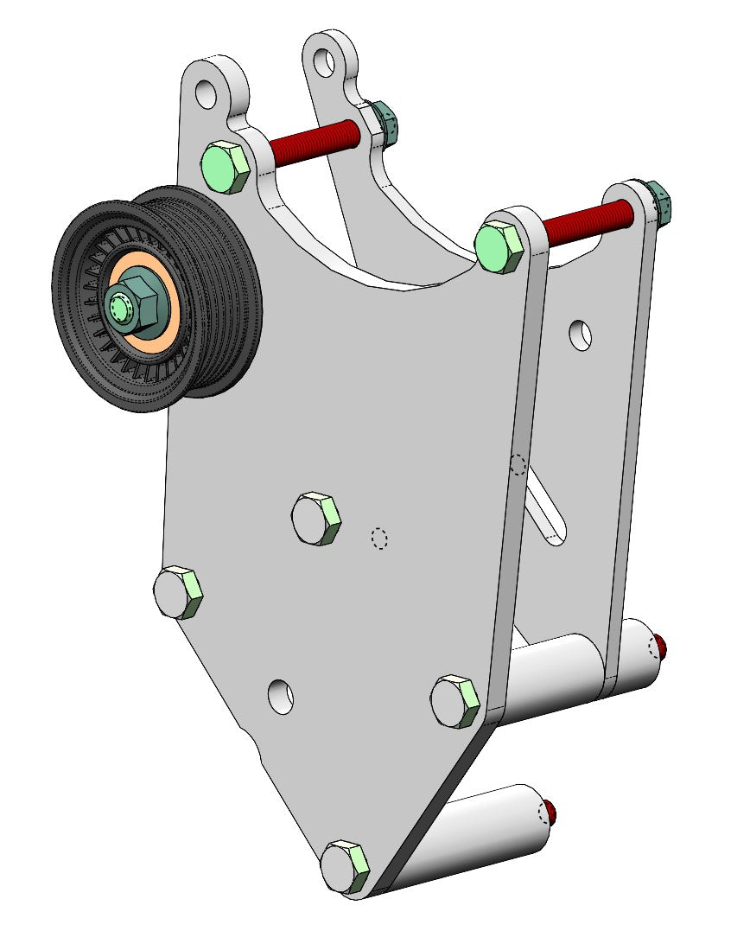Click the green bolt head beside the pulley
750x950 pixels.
pos(226,166)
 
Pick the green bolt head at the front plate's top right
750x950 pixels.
pos(500,247)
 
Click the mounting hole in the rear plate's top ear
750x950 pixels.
pos(324,61)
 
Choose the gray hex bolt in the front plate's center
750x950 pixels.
pos(316,519)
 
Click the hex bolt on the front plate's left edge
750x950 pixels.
pos(178,592)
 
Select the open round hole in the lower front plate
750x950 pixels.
pos(280,697)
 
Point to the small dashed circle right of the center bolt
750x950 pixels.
pos(378,539)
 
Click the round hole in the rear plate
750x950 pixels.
pos(582,335)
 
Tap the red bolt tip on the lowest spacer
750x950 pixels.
pos(550,813)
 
